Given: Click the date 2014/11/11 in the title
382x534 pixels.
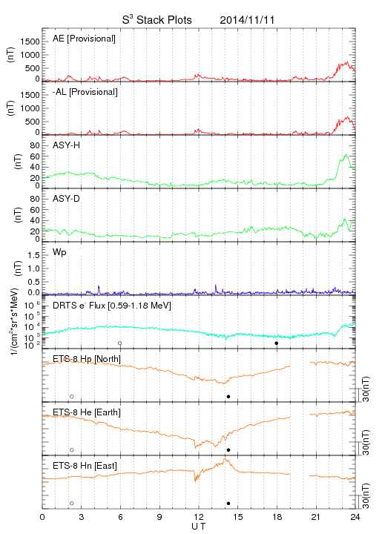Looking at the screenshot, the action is [x=247, y=20].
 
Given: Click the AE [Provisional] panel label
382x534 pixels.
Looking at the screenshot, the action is [x=84, y=39].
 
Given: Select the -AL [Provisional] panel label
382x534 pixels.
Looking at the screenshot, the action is [x=85, y=92].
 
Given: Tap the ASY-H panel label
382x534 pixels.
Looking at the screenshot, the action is [x=67, y=145].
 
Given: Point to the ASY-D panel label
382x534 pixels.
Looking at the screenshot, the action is [x=67, y=199].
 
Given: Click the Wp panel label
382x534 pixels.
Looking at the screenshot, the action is [x=59, y=253].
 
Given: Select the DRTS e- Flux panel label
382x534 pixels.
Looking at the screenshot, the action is [x=112, y=306].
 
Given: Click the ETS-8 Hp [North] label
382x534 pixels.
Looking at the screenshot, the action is [x=87, y=359].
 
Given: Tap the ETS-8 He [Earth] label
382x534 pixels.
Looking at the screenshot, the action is [x=87, y=412].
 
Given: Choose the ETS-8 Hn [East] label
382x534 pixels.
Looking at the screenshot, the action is [x=85, y=466].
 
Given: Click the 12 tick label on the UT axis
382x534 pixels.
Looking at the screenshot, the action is [x=199, y=517].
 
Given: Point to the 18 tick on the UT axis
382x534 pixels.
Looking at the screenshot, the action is [x=277, y=517].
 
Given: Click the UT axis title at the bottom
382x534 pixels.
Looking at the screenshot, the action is [x=199, y=527].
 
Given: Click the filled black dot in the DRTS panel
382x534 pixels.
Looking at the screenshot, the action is [x=277, y=343].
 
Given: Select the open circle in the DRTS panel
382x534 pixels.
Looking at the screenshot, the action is [x=120, y=343].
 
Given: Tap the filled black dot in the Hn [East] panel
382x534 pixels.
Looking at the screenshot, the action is [x=228, y=504].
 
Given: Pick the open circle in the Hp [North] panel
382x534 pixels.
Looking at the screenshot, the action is [x=72, y=396].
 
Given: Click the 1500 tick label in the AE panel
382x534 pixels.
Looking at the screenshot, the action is [x=30, y=42].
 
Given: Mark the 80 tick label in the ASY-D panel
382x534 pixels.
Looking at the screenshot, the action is [x=35, y=199].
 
